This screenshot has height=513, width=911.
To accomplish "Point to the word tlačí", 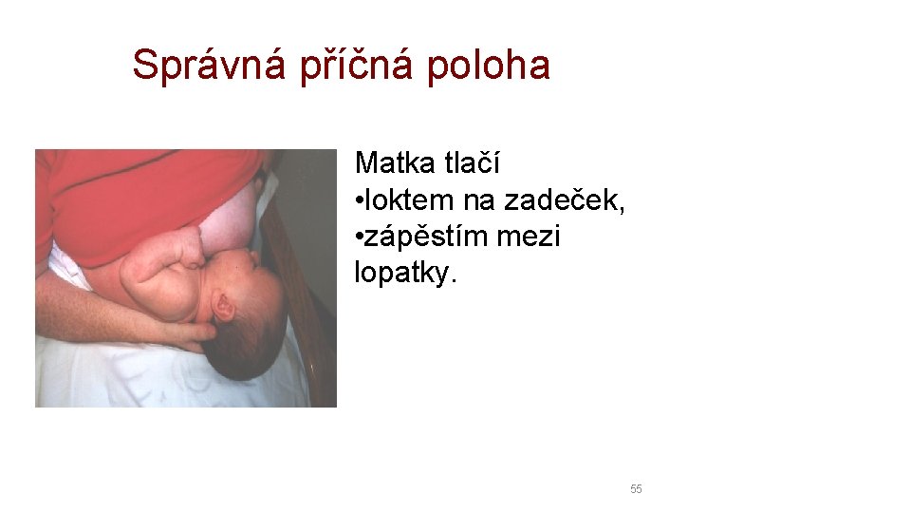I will point(473,163).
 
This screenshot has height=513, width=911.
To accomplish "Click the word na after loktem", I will point(482,200).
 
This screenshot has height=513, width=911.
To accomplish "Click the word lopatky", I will point(404,274).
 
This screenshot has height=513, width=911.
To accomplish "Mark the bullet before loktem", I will point(360,201).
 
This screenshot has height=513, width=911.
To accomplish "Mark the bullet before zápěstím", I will point(360,237).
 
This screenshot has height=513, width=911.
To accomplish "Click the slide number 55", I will point(636,489).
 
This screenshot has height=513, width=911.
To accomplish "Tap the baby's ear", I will point(224,305).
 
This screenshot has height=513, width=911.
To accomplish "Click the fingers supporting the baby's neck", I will point(195,332).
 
